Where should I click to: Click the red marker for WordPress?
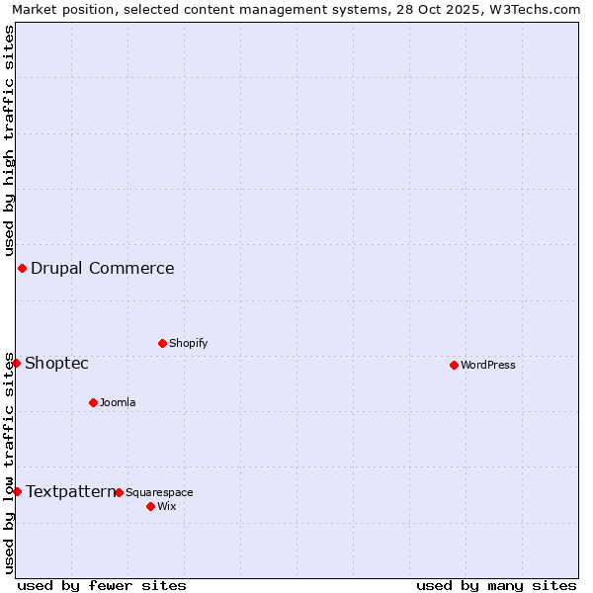pos(454,365)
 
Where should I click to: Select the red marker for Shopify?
pos(162,343)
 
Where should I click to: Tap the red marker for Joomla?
pos(93,402)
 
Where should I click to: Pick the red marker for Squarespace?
pos(119,492)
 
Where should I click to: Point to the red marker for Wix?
pos(150,506)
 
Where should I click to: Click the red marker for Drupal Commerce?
pos(22,268)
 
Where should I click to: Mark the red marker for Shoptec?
pos(16,363)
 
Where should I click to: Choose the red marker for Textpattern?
pos(17,491)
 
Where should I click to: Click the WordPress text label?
pos(488,365)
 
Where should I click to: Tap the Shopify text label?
pos(188,343)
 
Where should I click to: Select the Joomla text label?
pos(118,402)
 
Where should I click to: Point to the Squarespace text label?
pos(159,492)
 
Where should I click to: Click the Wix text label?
pos(166,506)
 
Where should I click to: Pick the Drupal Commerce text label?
pos(103,268)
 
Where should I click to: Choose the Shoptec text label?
pos(56,363)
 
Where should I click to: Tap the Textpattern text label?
pos(70,491)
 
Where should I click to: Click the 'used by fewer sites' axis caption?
pos(102,585)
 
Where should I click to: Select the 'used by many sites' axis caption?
pos(496,585)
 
